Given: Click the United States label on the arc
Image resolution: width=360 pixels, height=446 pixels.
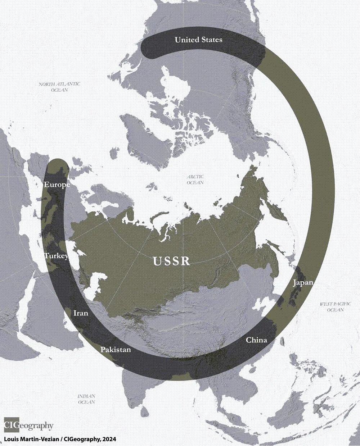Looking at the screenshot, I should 198,40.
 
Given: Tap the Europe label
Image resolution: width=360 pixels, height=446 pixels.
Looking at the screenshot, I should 57,185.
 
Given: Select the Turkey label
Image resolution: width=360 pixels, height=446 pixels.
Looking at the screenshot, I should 56,256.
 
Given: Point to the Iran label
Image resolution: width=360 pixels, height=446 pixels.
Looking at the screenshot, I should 81,313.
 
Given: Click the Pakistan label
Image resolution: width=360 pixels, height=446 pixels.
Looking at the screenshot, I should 115,349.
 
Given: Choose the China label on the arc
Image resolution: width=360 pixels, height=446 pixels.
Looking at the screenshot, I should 256,340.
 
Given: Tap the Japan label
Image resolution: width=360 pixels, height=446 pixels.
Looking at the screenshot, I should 303,282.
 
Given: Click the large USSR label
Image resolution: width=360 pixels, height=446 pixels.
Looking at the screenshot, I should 171,261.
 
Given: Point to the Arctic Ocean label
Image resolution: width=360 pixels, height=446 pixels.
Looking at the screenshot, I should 195,179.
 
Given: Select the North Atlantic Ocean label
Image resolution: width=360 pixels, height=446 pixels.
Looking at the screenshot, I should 59,87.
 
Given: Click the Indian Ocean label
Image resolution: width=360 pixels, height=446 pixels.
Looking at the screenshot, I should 86,399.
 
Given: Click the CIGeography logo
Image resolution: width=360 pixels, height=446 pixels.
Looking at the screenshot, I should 28,426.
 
